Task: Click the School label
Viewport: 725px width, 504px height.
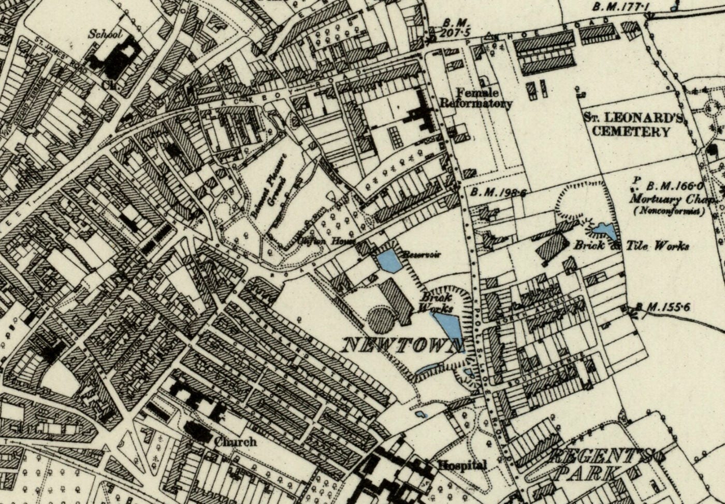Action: tap(105, 34)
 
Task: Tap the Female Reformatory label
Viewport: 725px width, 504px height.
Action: tap(476, 98)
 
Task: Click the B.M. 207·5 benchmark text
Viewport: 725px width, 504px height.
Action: tap(456, 28)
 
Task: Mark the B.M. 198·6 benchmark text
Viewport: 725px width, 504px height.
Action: tap(499, 193)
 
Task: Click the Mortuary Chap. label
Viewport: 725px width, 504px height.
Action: tap(673, 199)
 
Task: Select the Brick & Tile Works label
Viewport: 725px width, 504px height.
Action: tap(631, 246)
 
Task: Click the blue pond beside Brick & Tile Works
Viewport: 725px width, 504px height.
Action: tap(603, 231)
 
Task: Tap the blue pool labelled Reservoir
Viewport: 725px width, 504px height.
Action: tap(390, 261)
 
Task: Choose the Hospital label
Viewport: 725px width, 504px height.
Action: tap(462, 465)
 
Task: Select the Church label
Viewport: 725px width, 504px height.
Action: tap(236, 442)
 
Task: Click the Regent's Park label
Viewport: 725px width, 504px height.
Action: tap(603, 465)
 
